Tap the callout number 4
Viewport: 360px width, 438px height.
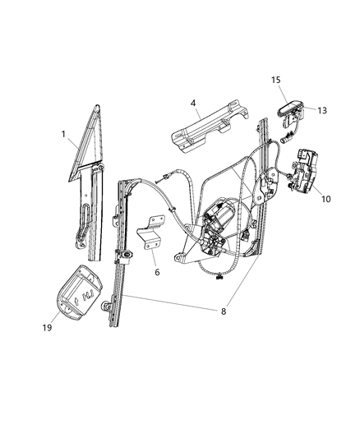[192, 104]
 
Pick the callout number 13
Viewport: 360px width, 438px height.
[321, 110]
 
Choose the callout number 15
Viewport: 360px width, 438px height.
[277, 80]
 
